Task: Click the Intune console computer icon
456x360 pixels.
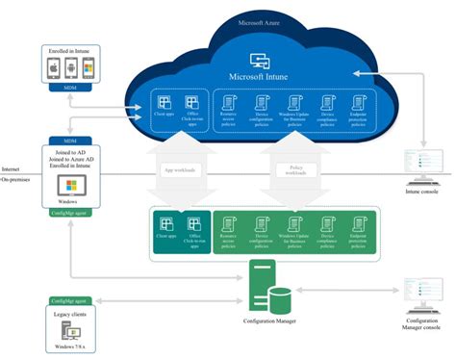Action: [x=424, y=162]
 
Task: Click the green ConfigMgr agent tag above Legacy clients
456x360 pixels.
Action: [x=66, y=300]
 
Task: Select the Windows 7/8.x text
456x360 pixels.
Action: [x=68, y=349]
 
